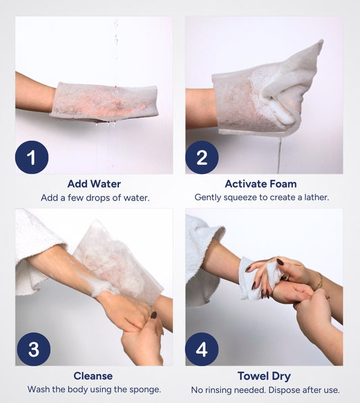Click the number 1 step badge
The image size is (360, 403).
point(32,157)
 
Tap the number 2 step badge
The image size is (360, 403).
point(202,157)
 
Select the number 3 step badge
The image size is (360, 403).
point(34,349)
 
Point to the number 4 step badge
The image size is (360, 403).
point(202,349)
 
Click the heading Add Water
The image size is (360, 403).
point(94,184)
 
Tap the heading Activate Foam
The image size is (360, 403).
point(261,184)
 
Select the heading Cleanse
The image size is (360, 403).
point(93,376)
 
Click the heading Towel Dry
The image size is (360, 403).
point(264,376)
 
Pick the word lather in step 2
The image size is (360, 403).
point(317,197)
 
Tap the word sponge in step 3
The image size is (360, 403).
point(145,389)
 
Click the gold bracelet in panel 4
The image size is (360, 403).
point(319,281)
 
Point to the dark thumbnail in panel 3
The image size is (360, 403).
point(153,315)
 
